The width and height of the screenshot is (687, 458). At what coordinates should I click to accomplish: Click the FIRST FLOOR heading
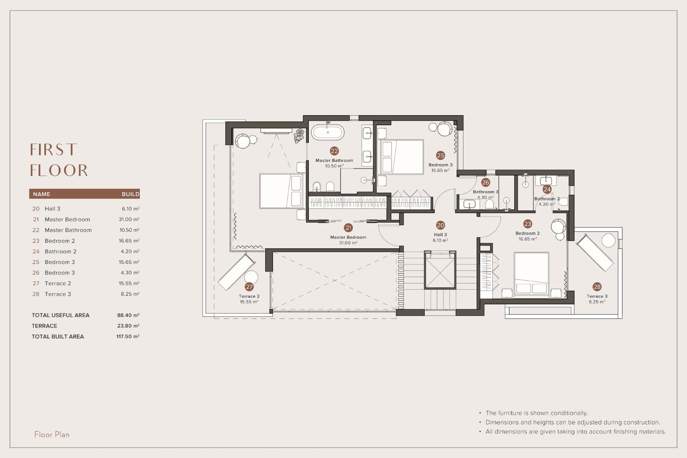pos(59,160)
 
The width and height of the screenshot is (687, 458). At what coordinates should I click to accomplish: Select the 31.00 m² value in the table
pos(129,219)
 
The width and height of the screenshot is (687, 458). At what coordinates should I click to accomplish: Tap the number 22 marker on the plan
pos(334,151)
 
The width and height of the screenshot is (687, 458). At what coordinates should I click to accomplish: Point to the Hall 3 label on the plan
pos(440,235)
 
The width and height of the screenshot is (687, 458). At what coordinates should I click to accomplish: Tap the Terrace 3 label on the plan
pos(597,296)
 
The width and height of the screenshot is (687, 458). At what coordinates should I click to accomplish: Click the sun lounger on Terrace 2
pos(237,272)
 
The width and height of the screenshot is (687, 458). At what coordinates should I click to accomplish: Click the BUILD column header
pos(130,194)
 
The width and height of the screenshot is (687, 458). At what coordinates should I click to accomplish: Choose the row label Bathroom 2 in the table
pos(60,252)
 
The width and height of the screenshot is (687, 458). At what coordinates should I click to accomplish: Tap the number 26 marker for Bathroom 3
pos(485,182)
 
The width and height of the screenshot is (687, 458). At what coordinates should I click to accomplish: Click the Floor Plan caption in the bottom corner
pos(52,434)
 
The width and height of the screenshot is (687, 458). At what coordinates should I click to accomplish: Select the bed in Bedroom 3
pos(401,157)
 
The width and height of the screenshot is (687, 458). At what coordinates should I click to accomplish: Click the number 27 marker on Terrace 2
pos(249,287)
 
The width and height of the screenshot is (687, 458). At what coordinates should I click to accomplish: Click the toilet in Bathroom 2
pos(563,202)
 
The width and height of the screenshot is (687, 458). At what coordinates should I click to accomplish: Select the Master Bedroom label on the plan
pos(348,237)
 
